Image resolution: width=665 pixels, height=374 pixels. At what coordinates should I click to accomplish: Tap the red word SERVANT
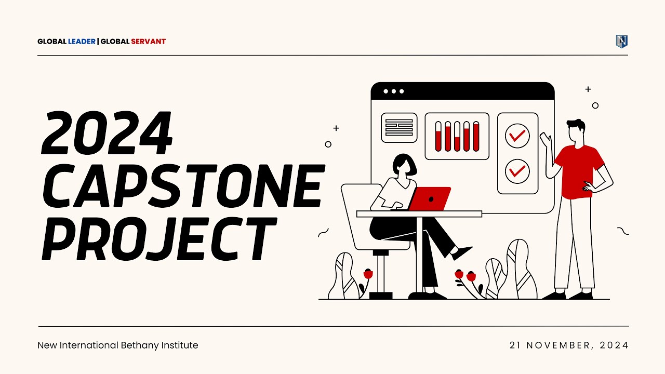point(148,42)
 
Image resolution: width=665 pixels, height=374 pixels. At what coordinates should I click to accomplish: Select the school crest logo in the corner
point(621,42)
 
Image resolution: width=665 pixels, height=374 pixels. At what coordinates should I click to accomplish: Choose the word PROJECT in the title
point(158,239)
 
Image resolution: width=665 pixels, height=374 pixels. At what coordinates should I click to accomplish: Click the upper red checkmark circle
point(517,136)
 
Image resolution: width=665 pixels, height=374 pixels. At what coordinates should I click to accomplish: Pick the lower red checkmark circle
point(517,171)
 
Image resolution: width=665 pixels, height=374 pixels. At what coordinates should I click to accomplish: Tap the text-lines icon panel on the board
point(399,127)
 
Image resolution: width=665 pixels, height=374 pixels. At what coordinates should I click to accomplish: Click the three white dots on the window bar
point(394,91)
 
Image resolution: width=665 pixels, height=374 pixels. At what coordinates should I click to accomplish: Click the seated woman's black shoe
point(462,253)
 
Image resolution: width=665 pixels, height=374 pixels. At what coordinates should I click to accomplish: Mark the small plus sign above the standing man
point(588,89)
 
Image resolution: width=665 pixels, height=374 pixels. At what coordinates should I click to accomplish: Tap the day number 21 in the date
point(515,345)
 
